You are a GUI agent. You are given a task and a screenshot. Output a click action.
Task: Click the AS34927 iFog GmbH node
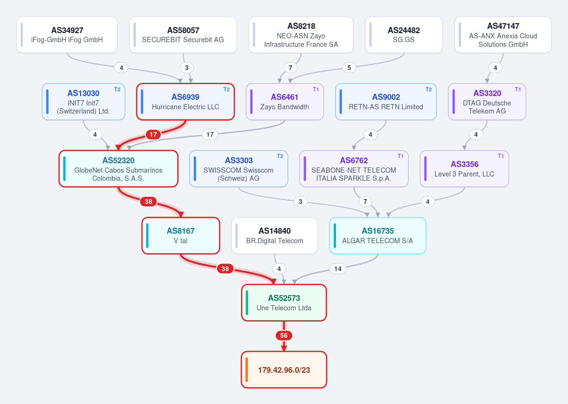point(67,35)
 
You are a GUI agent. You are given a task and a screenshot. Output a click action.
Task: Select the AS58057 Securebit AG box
point(183,35)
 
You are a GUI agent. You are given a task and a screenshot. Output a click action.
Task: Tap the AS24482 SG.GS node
point(404,35)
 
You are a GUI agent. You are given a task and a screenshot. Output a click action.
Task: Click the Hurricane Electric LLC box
point(186,102)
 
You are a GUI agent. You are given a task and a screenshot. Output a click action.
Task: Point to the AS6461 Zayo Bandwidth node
point(285,102)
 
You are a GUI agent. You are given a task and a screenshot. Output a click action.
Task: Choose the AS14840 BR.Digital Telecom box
point(275,236)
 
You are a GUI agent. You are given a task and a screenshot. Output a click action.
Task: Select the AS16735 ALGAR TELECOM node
point(378,236)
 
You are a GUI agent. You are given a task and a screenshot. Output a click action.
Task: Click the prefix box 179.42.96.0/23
point(284,369)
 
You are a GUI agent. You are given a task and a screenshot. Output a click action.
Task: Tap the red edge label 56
point(284,335)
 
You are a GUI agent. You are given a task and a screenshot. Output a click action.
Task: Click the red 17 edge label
point(153,134)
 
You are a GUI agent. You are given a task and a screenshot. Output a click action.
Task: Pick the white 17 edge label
point(210,134)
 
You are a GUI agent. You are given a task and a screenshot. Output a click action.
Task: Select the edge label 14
point(338,269)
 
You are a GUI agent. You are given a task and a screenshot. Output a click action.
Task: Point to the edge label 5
point(349,68)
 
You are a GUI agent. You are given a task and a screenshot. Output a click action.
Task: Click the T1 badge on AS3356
point(501,156)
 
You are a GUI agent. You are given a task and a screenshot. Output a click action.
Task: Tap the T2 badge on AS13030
point(117,89)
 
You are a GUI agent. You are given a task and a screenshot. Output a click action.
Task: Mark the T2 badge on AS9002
point(428,89)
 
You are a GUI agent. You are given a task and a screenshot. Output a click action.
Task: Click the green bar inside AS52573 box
point(247,303)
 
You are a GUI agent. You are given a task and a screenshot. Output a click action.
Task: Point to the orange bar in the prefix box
point(247,369)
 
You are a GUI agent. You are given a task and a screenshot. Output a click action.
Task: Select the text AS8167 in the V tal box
point(180,231)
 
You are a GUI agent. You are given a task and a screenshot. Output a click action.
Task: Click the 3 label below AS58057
point(187,68)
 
